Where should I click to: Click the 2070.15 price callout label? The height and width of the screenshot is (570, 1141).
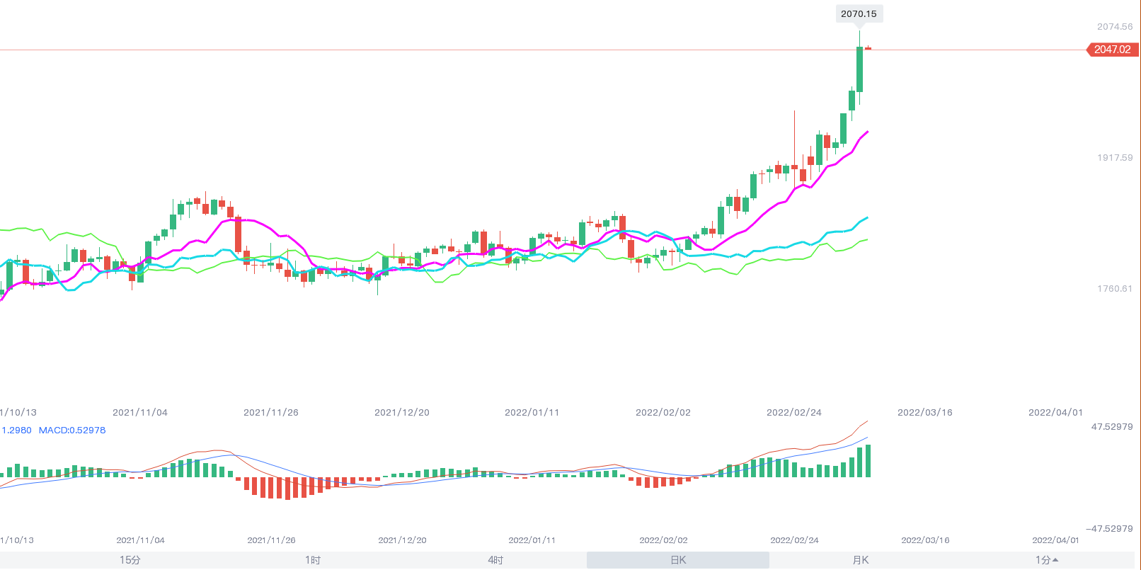[859, 14]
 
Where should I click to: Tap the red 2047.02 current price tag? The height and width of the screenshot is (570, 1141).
[1113, 50]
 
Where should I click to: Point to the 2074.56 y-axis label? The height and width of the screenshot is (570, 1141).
[1115, 27]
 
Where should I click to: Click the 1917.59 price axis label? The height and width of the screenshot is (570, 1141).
[1115, 158]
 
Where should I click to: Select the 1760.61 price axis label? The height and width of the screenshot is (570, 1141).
[1115, 289]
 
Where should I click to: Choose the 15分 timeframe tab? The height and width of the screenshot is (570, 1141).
[130, 560]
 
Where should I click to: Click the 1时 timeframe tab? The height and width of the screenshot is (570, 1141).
[313, 560]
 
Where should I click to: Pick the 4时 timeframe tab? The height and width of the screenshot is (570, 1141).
[495, 560]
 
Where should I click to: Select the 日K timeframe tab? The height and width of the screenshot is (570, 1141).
[678, 560]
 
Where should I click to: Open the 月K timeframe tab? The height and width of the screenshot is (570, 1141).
[861, 560]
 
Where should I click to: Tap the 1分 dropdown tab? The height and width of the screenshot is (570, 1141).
[1046, 560]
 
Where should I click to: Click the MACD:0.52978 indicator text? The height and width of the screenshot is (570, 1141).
[72, 431]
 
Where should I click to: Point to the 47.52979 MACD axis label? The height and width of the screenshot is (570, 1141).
[1112, 427]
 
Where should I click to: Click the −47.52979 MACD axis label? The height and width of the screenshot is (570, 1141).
[1109, 529]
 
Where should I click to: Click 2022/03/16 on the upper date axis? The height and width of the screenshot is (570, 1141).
[925, 413]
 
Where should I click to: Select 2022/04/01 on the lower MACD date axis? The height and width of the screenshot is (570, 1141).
[1056, 540]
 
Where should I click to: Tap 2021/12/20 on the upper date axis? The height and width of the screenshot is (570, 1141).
[402, 413]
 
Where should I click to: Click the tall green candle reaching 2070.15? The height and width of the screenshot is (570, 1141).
[860, 69]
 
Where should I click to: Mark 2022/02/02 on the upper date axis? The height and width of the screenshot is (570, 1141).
[663, 413]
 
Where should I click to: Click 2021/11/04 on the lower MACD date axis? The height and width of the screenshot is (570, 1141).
[140, 540]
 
